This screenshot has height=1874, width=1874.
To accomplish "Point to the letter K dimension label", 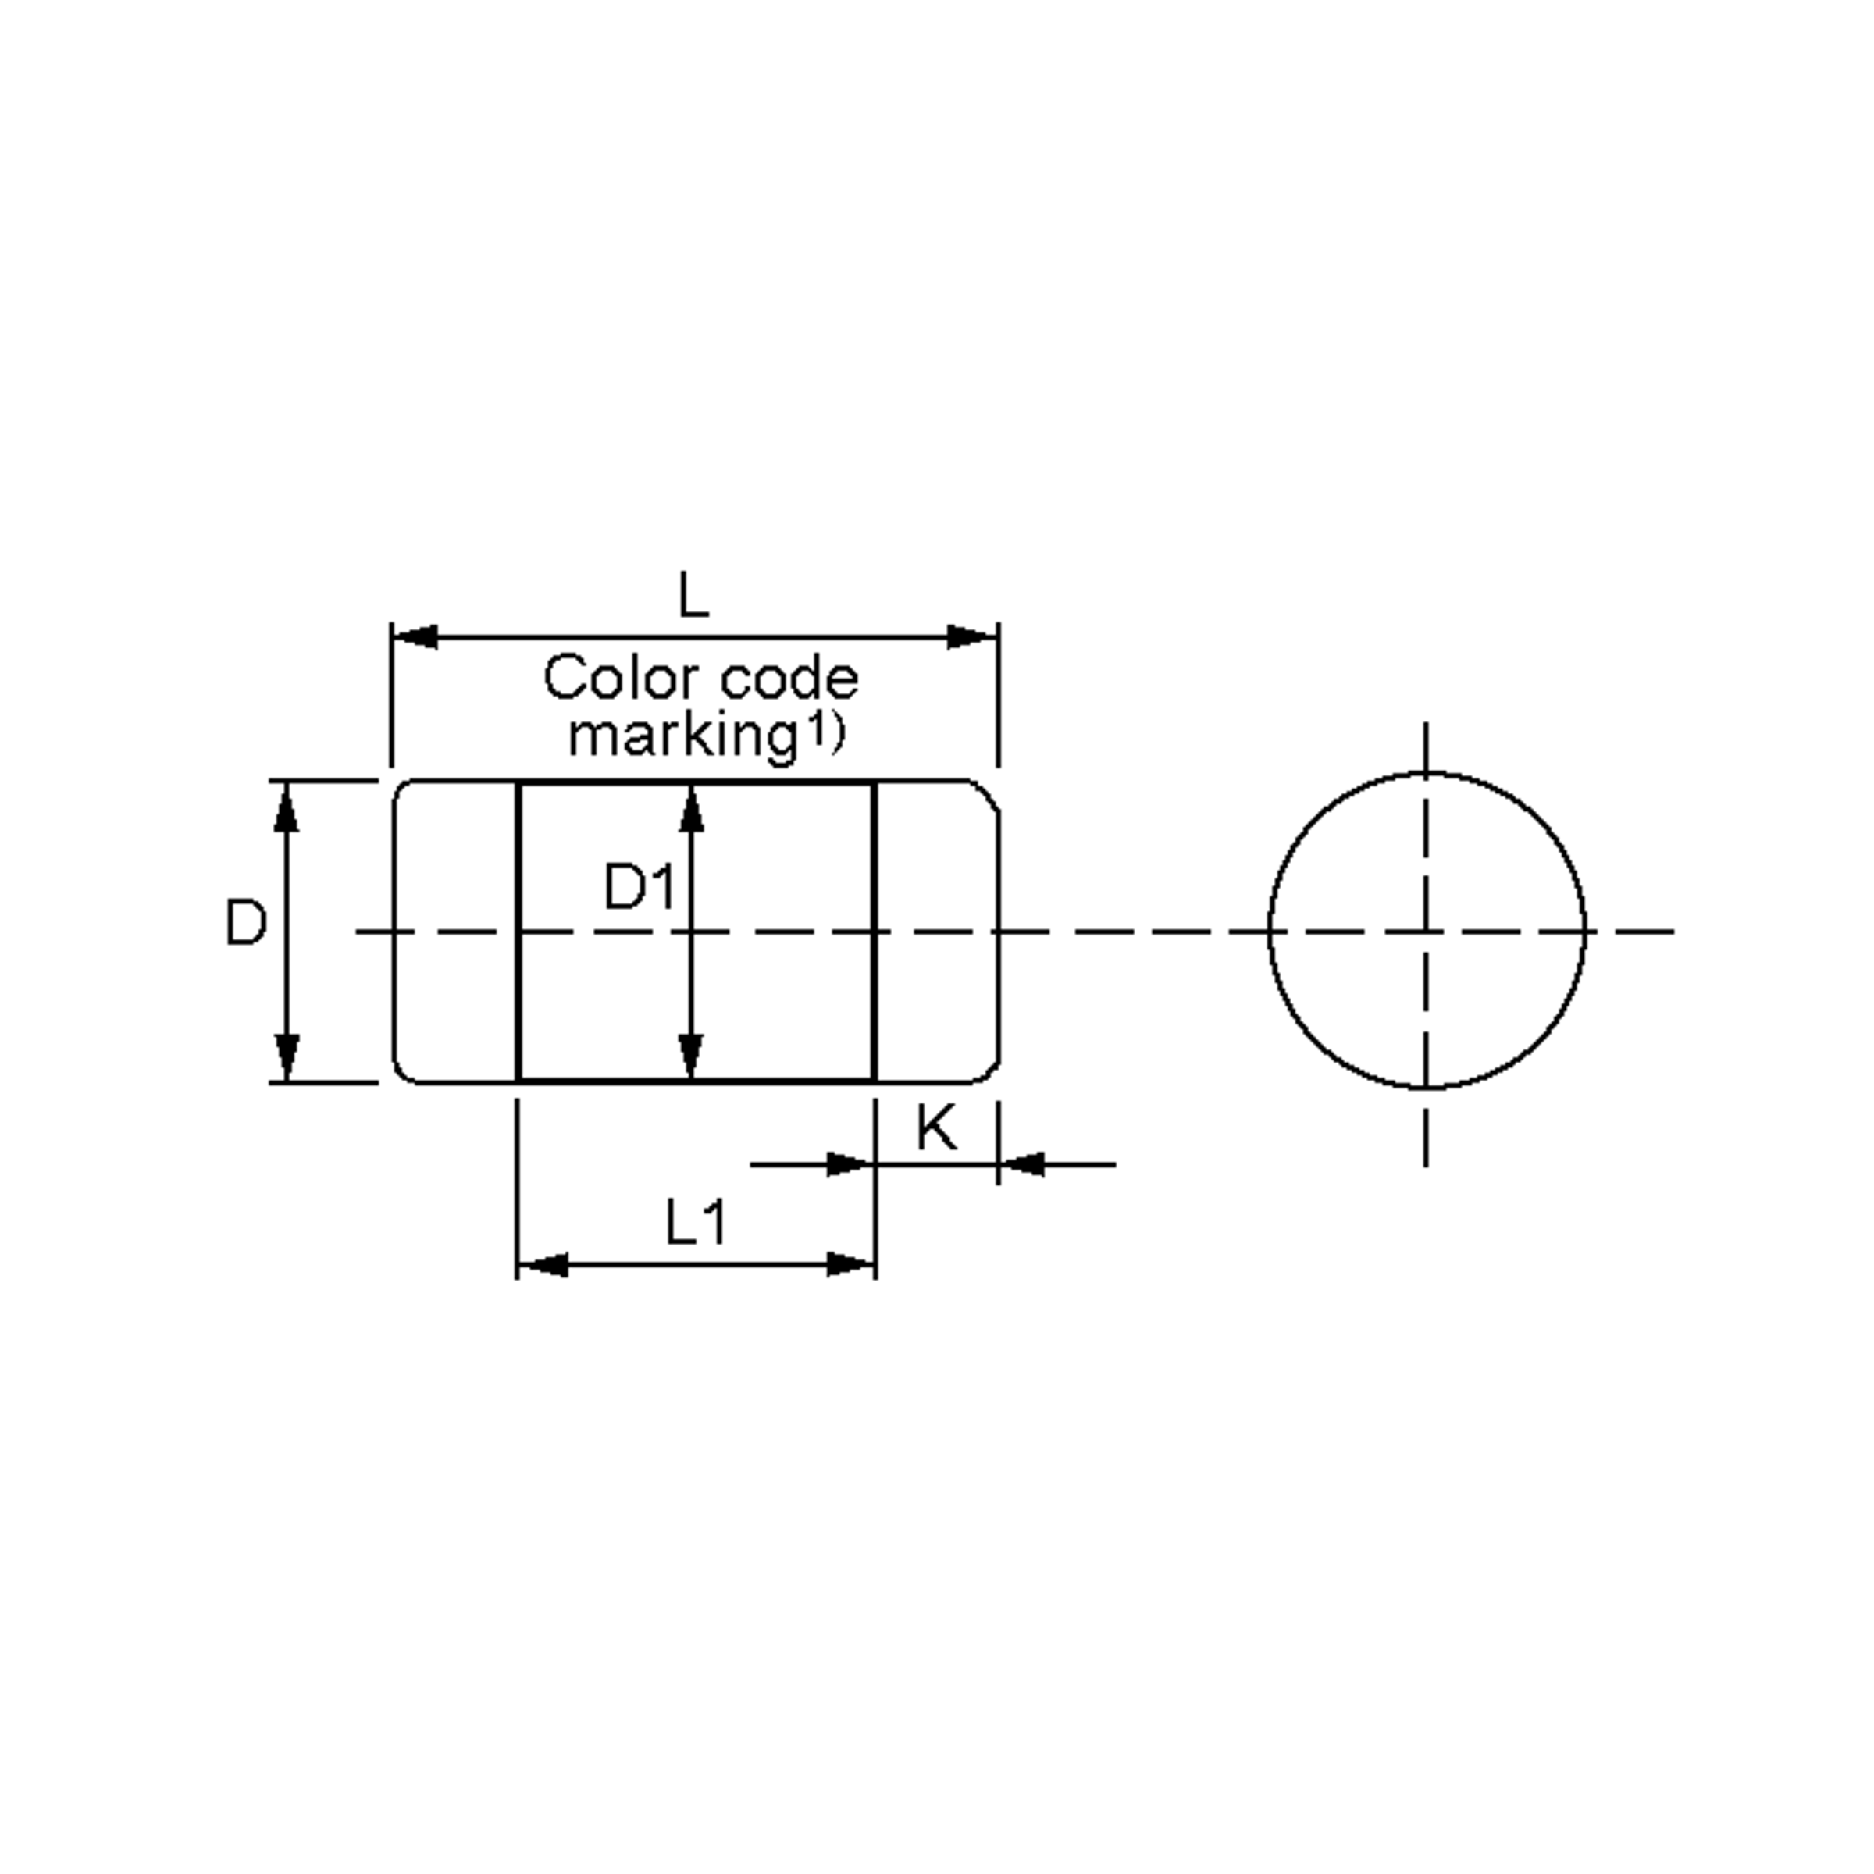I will click(936, 1128).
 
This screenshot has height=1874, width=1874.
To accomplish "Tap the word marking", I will click(682, 736).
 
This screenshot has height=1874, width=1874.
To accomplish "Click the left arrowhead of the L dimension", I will click(415, 637).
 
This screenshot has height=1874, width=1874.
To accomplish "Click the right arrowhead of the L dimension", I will click(974, 637).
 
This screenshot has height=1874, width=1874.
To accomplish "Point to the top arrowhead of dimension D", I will click(286, 807).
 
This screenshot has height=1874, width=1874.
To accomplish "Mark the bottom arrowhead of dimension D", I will click(286, 1057).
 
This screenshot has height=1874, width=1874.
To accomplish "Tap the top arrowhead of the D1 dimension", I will click(690, 808).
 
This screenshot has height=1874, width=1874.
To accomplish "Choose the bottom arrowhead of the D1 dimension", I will click(690, 1056).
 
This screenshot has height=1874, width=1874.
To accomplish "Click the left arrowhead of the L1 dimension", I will click(541, 1265).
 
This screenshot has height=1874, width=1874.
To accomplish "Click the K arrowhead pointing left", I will click(1021, 1164).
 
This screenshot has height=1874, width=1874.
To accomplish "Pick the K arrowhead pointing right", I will click(850, 1164).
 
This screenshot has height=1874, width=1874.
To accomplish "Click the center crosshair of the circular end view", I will click(1426, 932).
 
